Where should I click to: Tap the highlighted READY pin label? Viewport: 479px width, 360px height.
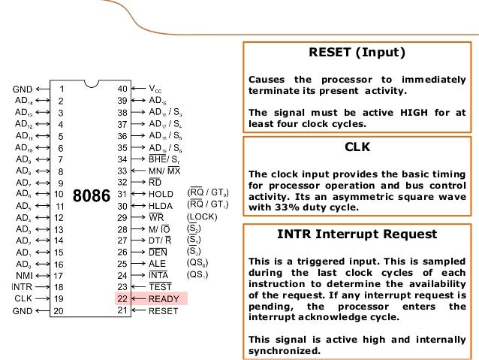click(164, 298)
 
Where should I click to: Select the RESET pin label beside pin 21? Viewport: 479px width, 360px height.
click(164, 310)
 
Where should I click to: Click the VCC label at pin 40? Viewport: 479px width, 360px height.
click(155, 88)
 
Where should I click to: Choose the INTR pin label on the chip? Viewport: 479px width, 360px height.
click(23, 286)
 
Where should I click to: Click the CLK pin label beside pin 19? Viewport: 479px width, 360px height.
click(24, 298)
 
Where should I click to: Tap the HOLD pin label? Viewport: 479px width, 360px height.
click(161, 193)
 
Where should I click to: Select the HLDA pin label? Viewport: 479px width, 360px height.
click(161, 205)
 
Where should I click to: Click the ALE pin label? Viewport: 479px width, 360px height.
click(157, 263)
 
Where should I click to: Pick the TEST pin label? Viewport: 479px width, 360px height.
click(161, 286)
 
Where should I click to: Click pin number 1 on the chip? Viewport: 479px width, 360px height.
click(62, 88)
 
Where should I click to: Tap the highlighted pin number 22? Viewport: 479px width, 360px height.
click(122, 298)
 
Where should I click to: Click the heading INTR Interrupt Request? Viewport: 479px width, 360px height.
click(357, 234)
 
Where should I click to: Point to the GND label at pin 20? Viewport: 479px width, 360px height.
click(23, 310)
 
